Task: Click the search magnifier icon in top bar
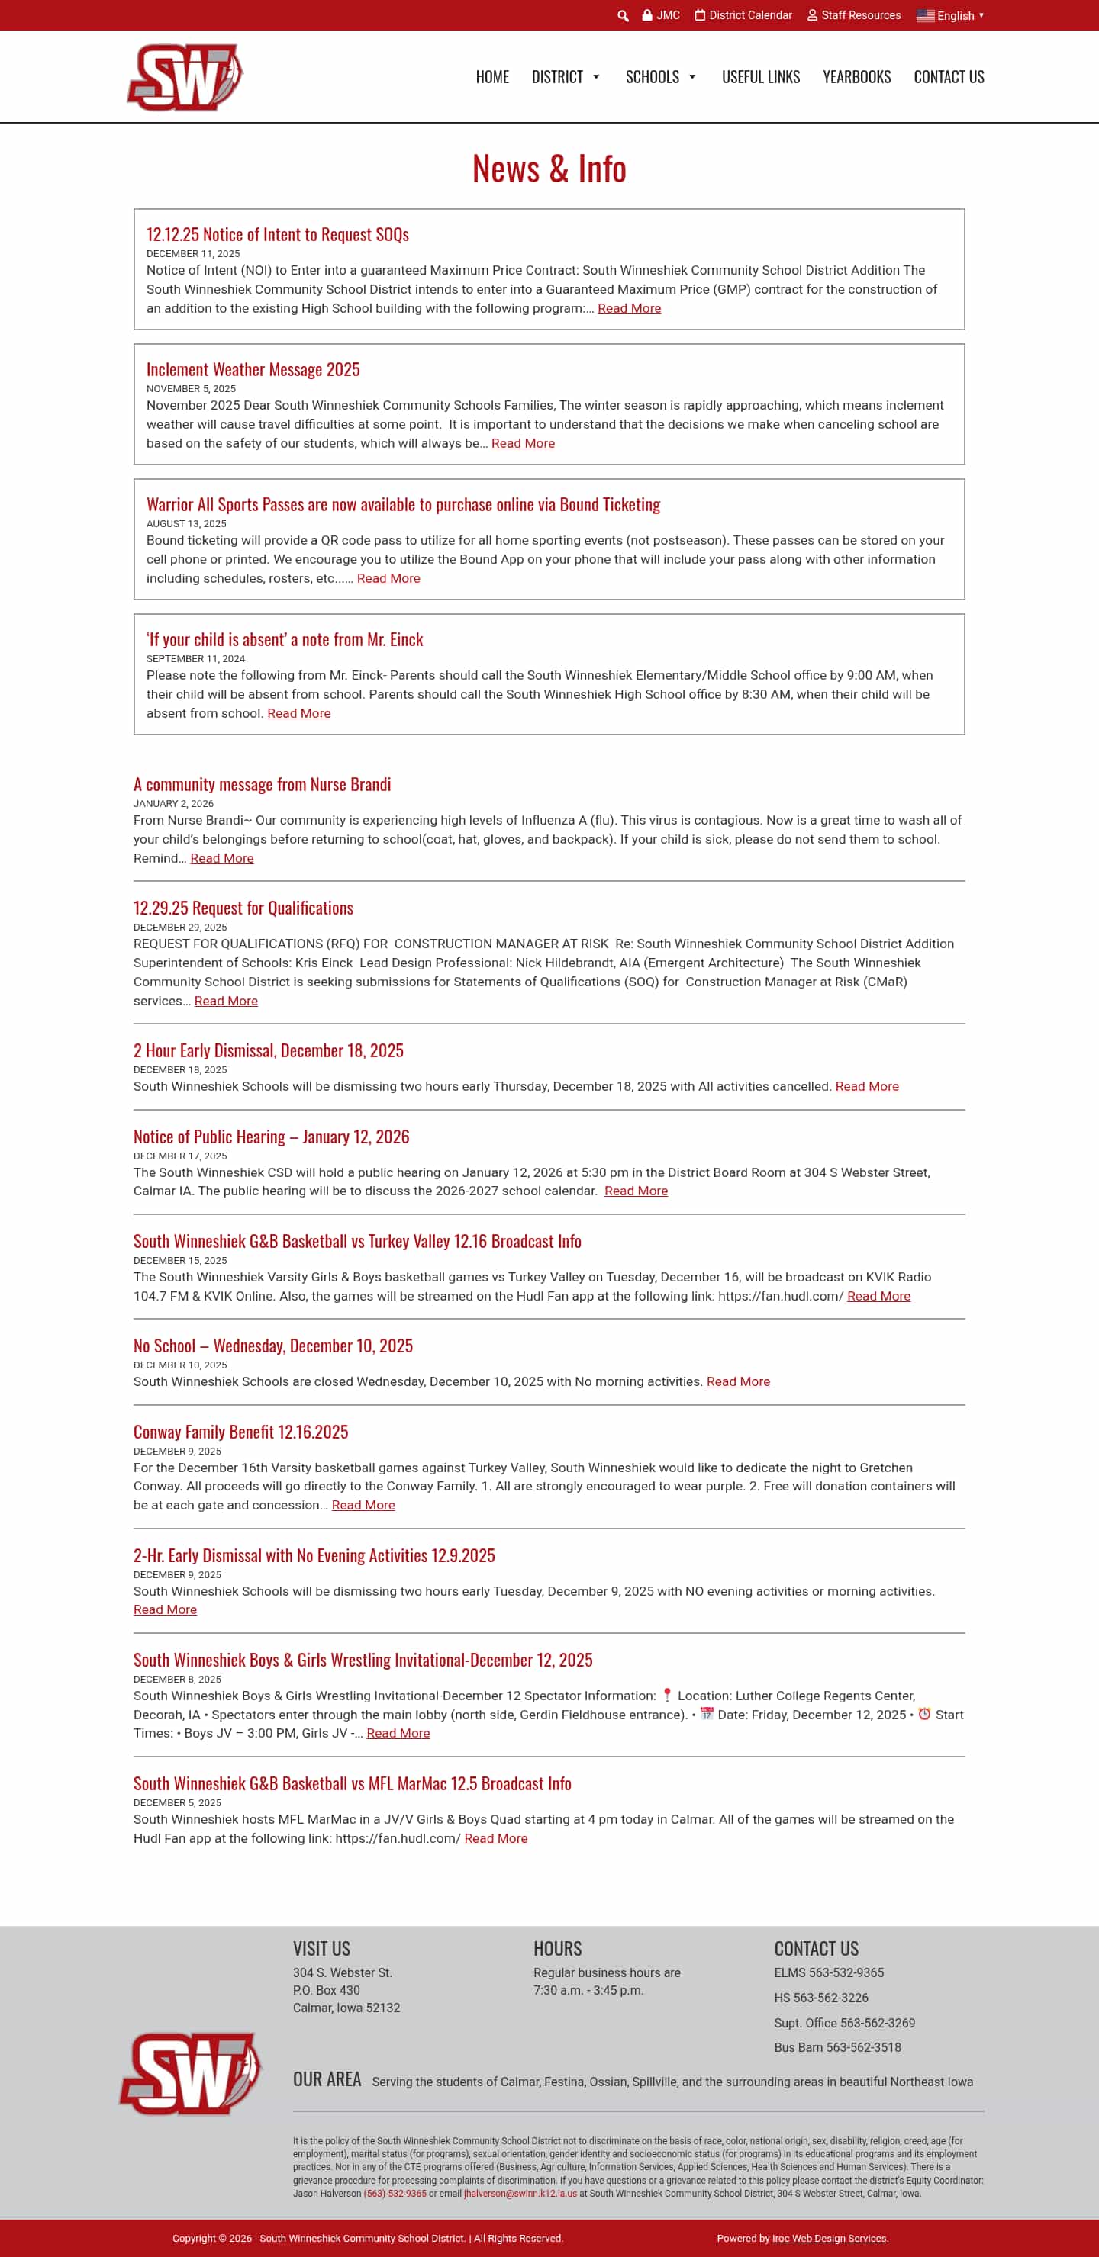(x=623, y=16)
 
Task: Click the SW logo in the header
(x=185, y=77)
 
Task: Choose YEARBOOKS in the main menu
(x=856, y=77)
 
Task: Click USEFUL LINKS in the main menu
(x=760, y=77)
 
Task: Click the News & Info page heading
(x=549, y=169)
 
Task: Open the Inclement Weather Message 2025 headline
(x=253, y=370)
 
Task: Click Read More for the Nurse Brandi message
(x=222, y=859)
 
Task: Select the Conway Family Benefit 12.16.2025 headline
(x=240, y=1432)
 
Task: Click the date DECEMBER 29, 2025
(x=179, y=927)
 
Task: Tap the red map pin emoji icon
(x=667, y=1695)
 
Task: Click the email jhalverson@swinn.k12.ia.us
(x=520, y=2193)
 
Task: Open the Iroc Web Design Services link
(x=828, y=2238)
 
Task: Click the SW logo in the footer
(x=190, y=2073)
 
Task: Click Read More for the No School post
(x=738, y=1381)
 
